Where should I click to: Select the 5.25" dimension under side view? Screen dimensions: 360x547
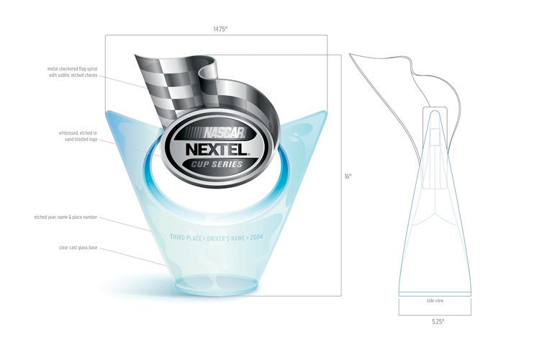435,322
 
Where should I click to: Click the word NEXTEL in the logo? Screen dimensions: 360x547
215,150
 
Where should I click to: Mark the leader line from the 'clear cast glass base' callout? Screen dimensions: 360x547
137,258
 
